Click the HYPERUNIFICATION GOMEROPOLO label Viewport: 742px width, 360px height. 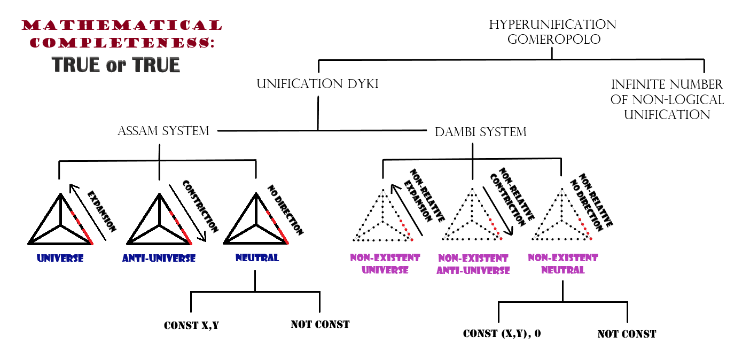coord(552,32)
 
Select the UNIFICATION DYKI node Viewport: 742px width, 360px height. coord(318,84)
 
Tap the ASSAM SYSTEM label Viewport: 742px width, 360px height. coord(163,131)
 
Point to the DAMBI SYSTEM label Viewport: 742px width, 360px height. coord(481,131)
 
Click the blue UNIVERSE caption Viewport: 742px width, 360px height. coord(60,258)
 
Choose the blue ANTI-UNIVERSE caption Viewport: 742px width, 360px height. coord(159,259)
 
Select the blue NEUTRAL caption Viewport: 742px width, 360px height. coord(257,258)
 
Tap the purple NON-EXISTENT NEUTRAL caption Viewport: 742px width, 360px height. coord(563,264)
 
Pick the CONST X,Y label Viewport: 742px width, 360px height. coord(191,325)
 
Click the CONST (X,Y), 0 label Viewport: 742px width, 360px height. coord(502,334)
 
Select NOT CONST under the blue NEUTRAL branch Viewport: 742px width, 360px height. coord(320,324)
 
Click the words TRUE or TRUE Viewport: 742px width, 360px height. coord(116,65)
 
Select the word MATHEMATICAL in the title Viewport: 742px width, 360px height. coord(122,25)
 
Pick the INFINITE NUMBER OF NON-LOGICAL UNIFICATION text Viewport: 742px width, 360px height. coord(667,99)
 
